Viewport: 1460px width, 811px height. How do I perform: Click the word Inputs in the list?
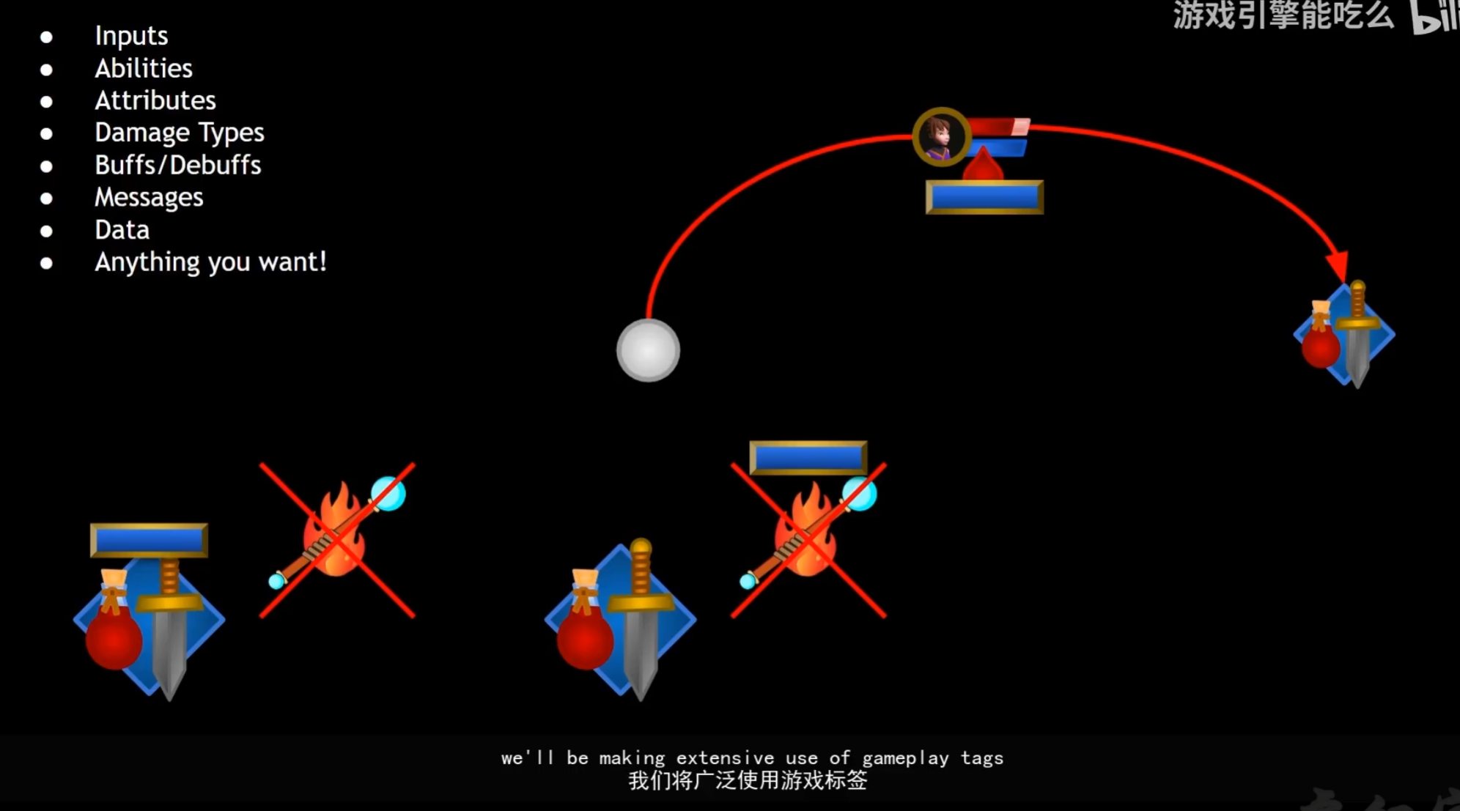click(x=131, y=36)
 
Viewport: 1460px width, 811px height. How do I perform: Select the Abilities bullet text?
click(x=144, y=68)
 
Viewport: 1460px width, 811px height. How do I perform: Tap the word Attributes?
click(x=155, y=100)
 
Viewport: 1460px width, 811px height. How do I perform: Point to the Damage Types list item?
click(x=180, y=133)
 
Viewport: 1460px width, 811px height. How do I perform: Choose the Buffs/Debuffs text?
click(x=178, y=165)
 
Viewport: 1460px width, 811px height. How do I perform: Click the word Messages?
click(x=149, y=197)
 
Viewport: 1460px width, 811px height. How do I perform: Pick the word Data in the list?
click(x=122, y=230)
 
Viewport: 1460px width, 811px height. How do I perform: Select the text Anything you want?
click(x=210, y=262)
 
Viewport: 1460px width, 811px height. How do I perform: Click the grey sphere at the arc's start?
click(x=648, y=350)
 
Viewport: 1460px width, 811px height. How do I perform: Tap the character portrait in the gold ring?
click(x=940, y=137)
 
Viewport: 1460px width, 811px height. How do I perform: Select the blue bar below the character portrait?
click(x=984, y=197)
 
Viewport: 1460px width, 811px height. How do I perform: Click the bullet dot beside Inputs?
click(x=46, y=37)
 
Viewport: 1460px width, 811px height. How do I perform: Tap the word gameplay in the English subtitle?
click(x=905, y=758)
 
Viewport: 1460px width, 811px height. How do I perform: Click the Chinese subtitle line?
click(x=748, y=781)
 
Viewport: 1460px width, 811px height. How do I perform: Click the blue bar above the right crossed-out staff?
click(x=808, y=459)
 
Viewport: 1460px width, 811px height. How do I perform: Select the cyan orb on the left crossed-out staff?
click(x=388, y=494)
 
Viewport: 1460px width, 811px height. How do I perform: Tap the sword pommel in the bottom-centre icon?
click(x=641, y=547)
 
